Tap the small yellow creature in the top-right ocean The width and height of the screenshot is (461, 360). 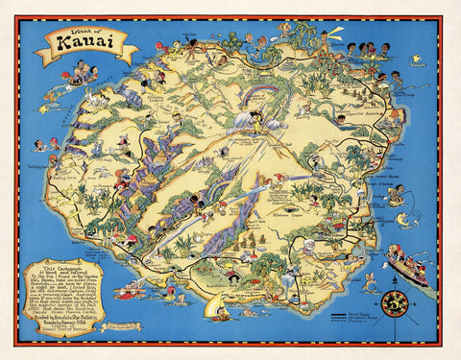415,59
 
